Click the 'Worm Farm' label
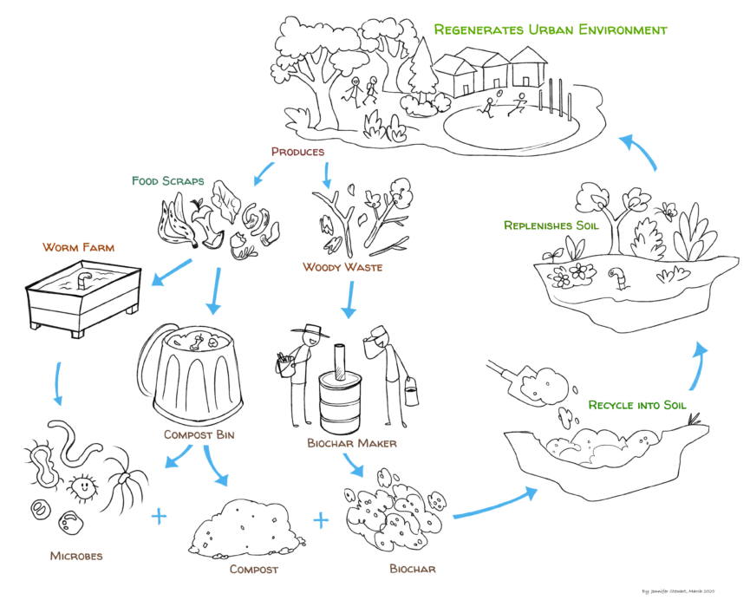tap(78, 247)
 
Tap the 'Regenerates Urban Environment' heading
tap(551, 29)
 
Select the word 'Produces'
tap(297, 152)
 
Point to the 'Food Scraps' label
tap(167, 181)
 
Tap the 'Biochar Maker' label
tap(351, 443)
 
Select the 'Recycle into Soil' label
tap(637, 405)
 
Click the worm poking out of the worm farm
tap(82, 281)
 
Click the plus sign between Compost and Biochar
tap(321, 520)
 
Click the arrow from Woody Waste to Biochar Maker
tap(349, 299)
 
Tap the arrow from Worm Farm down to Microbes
tap(57, 382)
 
